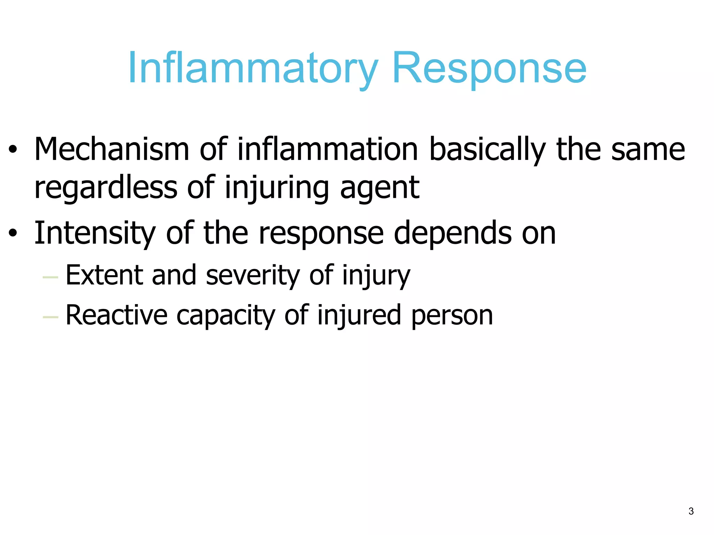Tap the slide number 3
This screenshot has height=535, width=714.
(691, 511)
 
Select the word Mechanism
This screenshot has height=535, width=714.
(112, 150)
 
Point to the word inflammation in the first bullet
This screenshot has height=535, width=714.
(328, 150)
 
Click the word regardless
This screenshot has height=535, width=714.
(106, 188)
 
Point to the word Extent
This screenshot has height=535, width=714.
(104, 275)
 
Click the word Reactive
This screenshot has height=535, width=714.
(116, 315)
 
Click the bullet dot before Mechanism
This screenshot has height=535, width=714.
(13, 150)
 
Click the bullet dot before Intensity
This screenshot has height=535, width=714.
(13, 234)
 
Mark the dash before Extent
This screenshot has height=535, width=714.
(50, 277)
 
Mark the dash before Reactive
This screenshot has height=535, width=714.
(50, 317)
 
